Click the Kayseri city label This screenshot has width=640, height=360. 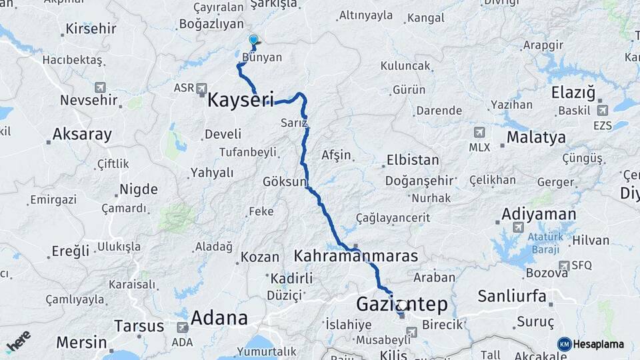click(x=241, y=100)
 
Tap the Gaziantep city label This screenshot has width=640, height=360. click(x=402, y=304)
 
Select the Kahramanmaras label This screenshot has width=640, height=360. click(x=356, y=256)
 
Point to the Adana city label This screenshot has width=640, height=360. click(x=219, y=318)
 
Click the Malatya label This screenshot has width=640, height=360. click(x=536, y=137)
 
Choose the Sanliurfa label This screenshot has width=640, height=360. click(x=512, y=295)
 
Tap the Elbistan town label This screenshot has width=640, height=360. click(x=413, y=160)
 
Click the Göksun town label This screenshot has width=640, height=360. click(x=285, y=181)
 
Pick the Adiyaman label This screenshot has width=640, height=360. click(x=538, y=214)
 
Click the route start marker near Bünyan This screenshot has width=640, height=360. click(x=253, y=40)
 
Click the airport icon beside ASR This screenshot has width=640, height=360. click(x=201, y=88)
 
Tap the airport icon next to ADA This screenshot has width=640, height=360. click(x=182, y=327)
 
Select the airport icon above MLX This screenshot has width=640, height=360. click(x=479, y=133)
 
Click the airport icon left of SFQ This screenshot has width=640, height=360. click(x=564, y=265)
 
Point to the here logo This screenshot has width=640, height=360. click(x=18, y=341)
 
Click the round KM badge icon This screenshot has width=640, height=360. click(x=564, y=344)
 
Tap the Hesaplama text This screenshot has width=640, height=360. click(x=599, y=345)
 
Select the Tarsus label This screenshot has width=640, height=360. click(x=139, y=326)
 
